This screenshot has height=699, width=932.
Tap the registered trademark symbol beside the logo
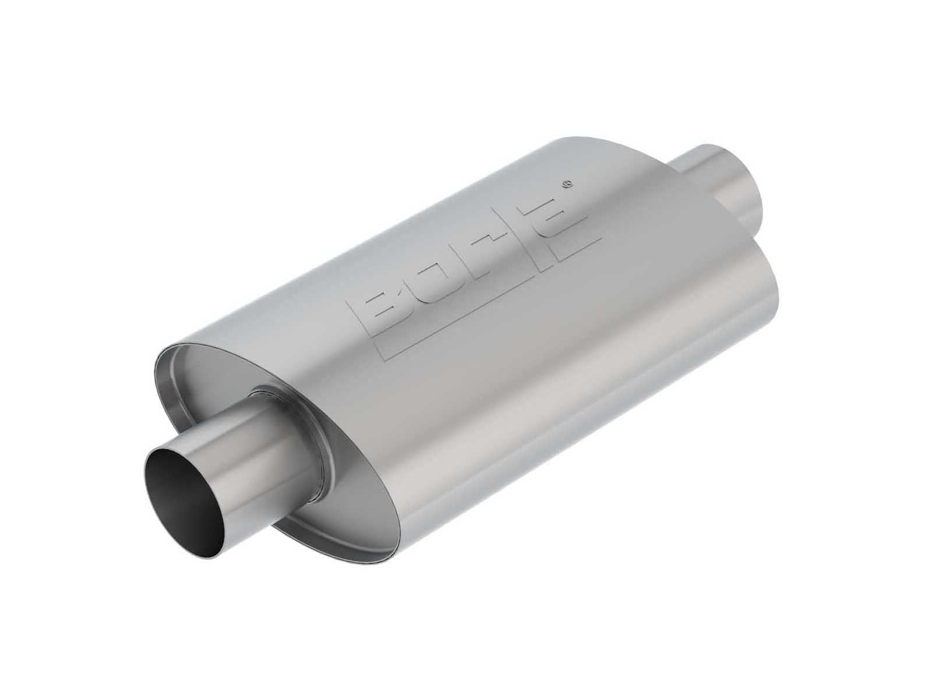point(566,183)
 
